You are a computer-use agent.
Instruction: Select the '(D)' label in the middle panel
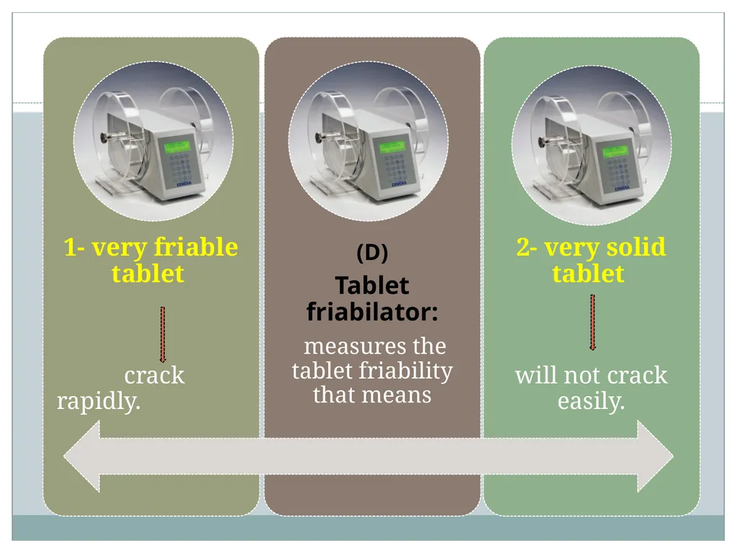pos(372,253)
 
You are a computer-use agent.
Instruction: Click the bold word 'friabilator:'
pos(372,311)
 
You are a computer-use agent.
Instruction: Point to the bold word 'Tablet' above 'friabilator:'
pos(372,285)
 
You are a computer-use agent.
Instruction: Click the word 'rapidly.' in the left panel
pos(99,401)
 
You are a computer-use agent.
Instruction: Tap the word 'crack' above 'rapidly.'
pos(154,375)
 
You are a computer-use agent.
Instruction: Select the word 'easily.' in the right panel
pos(592,401)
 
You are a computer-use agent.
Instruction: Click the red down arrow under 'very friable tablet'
pos(163,334)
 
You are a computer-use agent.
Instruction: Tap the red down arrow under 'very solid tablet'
pos(593,322)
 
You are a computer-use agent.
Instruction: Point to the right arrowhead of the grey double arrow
pos(655,456)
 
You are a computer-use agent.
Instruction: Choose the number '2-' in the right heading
pos(527,247)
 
